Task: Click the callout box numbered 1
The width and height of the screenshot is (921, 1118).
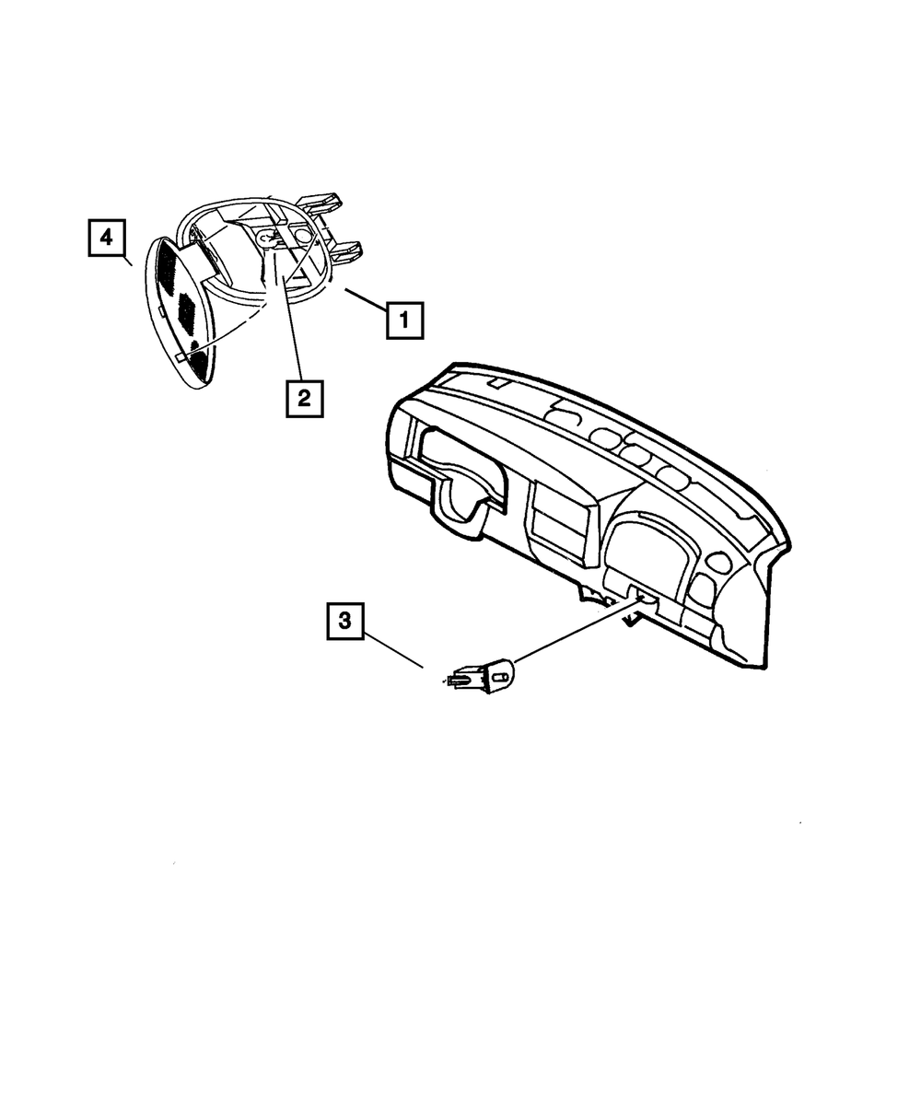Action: pos(404,321)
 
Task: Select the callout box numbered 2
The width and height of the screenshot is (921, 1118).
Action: pos(304,398)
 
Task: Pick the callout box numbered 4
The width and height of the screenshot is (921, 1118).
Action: pos(107,238)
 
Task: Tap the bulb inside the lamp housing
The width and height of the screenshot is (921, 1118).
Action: pos(268,239)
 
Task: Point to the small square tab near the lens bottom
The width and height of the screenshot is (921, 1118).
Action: pos(179,355)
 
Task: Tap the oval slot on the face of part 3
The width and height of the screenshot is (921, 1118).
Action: pos(500,677)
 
